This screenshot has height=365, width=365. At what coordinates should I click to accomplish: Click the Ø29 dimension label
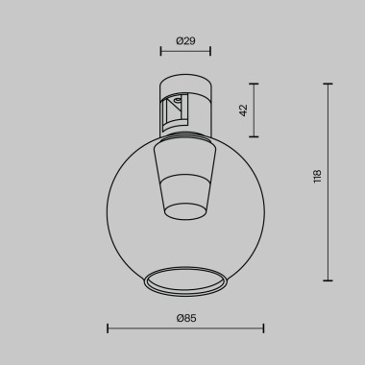tap(185, 40)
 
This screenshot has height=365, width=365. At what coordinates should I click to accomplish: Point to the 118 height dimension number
tap(317, 176)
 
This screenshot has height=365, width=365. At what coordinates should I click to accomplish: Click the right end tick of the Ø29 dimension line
tap(211, 54)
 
